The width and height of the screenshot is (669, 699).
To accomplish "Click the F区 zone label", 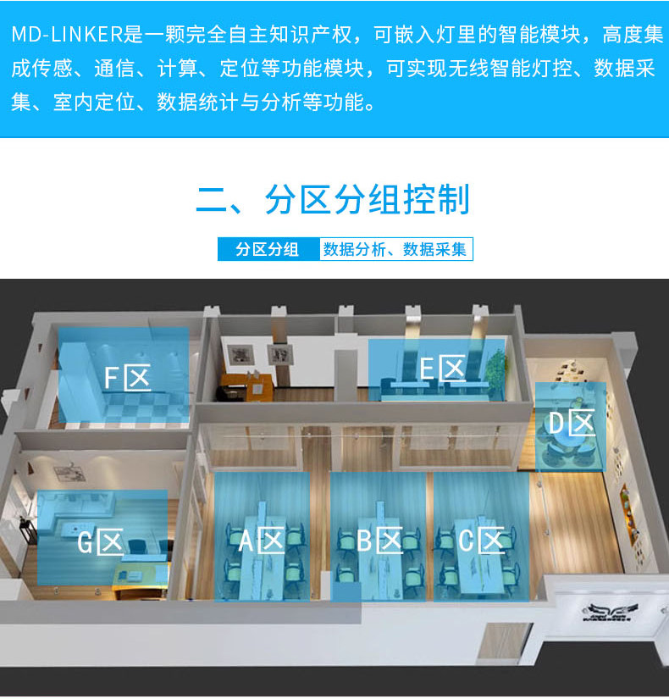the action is [127, 377].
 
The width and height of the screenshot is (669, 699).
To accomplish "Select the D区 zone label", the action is [570, 423].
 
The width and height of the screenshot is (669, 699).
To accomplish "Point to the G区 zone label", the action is [101, 541].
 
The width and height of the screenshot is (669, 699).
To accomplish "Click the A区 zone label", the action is [260, 539].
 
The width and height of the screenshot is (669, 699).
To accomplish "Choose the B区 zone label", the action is [379, 540].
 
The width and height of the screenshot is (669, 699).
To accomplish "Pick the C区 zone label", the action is [482, 540].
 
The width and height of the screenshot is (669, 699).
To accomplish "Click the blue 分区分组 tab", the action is [268, 249].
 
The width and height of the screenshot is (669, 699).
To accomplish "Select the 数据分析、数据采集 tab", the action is [395, 249].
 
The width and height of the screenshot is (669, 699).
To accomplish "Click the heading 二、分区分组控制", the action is [334, 202].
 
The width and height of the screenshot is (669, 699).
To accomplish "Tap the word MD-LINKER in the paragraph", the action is [67, 36].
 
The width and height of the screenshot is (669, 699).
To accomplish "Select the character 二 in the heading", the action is [210, 202].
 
